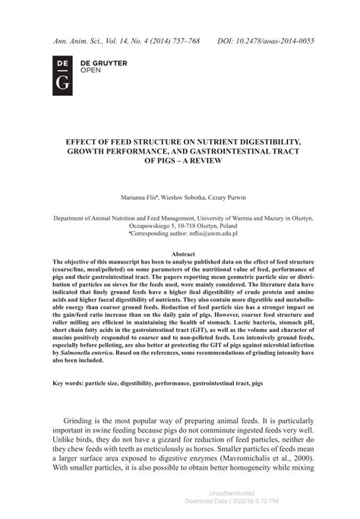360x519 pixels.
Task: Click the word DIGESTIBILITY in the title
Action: point(257,141)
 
